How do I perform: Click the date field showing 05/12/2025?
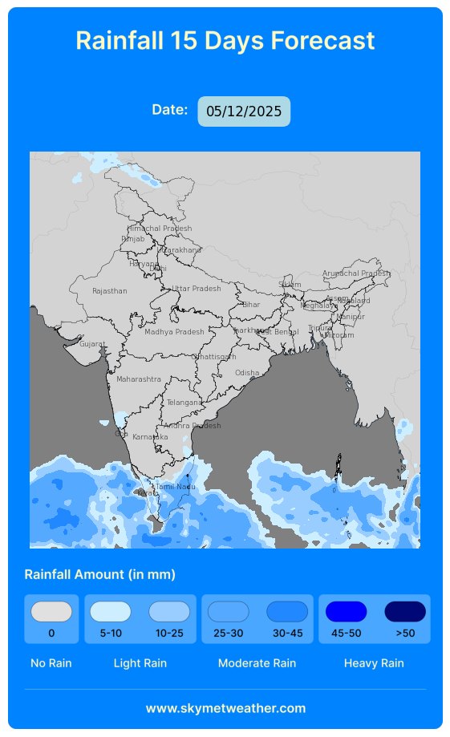tap(244, 111)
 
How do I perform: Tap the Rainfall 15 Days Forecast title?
tap(225, 40)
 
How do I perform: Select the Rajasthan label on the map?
tap(110, 291)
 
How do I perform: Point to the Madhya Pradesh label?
tap(174, 331)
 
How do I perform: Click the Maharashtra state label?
tap(138, 379)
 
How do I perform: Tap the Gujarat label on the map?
tap(92, 344)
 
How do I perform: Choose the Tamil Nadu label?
tap(175, 487)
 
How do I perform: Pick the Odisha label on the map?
tap(247, 373)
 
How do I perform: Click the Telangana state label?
tap(184, 403)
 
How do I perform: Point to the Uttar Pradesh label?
tap(197, 289)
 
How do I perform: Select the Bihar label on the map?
tap(251, 305)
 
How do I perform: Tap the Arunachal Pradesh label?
tap(355, 273)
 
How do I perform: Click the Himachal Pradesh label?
tap(160, 229)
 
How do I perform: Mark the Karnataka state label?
tap(150, 437)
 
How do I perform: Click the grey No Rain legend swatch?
tap(51, 612)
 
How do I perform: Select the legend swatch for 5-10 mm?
tap(110, 612)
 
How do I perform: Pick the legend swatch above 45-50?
tap(346, 612)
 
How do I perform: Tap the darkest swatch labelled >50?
tap(405, 612)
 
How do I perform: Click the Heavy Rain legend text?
tap(374, 663)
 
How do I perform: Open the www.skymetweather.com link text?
tap(225, 708)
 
